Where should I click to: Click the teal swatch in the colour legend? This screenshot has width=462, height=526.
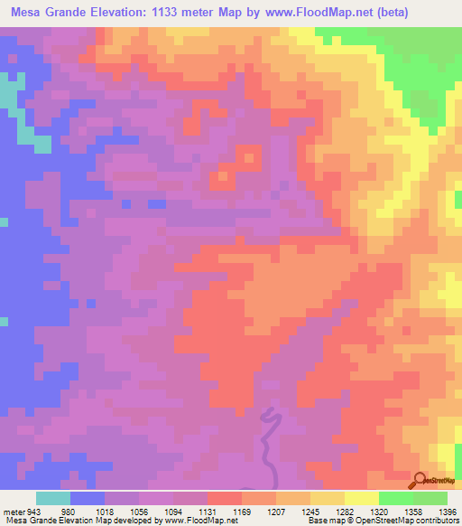click(53, 498)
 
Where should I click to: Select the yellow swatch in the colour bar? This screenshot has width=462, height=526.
click(361, 498)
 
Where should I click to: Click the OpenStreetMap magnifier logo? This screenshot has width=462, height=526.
click(420, 480)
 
